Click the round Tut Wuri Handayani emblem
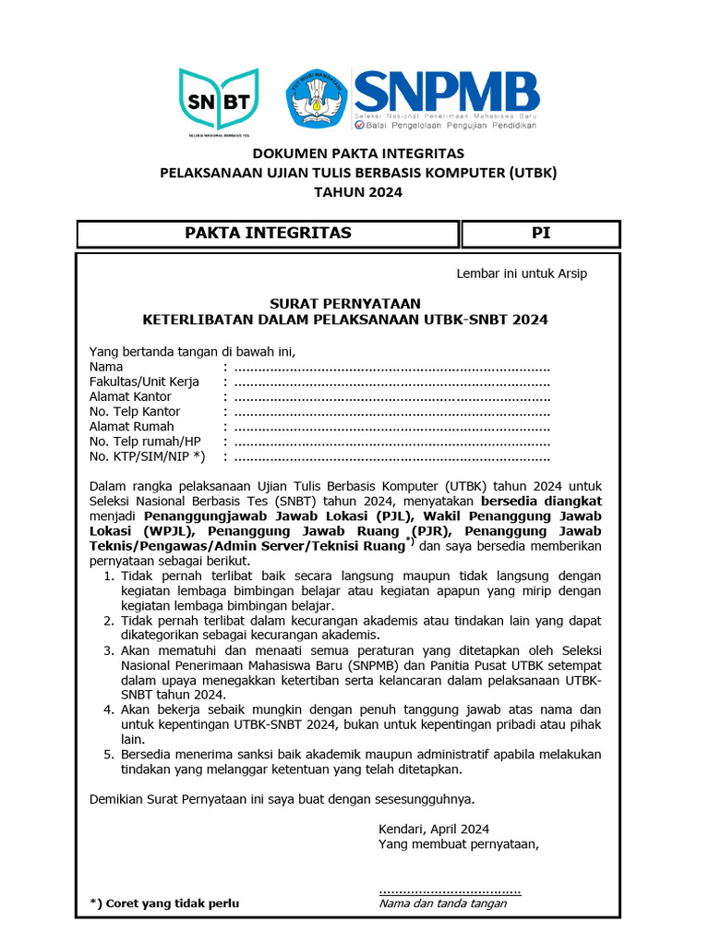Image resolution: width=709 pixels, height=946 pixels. click(x=318, y=99)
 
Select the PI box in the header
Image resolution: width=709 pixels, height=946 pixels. click(x=541, y=234)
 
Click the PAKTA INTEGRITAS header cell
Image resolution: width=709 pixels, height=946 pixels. click(x=268, y=234)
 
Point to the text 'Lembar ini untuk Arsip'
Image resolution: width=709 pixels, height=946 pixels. click(x=522, y=273)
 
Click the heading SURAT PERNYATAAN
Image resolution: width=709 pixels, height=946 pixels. click(x=344, y=303)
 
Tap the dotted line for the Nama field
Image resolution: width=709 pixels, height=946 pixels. click(x=392, y=368)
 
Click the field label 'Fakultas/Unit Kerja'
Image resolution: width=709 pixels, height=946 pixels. click(x=144, y=382)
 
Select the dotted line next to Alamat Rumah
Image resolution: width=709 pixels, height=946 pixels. click(x=392, y=427)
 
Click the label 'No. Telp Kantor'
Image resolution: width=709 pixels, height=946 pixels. click(x=135, y=411)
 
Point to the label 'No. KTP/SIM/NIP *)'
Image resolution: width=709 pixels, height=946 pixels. click(x=147, y=456)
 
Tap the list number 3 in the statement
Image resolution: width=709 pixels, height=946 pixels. click(x=108, y=650)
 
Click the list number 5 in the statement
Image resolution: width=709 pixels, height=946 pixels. click(x=108, y=754)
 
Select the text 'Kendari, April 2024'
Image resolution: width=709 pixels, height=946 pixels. click(x=434, y=829)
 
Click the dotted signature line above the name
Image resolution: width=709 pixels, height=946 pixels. click(x=450, y=891)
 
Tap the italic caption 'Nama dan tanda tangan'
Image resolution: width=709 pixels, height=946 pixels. click(x=443, y=904)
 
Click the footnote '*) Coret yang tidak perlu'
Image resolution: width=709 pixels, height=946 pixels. click(x=163, y=904)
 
